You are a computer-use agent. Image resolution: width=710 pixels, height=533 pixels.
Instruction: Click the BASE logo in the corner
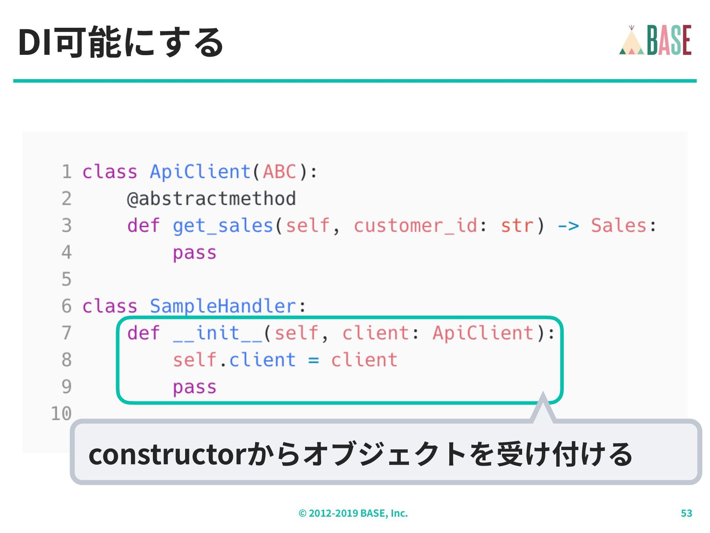tap(655, 40)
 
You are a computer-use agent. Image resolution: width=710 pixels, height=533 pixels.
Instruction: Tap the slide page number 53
tap(686, 513)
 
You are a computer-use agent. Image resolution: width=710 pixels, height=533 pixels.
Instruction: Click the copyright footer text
tap(353, 513)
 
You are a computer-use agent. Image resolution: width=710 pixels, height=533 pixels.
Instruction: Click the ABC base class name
tap(280, 172)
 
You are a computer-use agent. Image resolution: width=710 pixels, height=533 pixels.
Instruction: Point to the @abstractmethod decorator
tap(211, 199)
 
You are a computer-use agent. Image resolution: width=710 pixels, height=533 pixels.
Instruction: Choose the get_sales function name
tap(223, 226)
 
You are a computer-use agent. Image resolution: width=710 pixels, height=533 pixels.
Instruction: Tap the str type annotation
tap(517, 226)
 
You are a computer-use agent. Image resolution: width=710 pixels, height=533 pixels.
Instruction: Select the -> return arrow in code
tap(568, 226)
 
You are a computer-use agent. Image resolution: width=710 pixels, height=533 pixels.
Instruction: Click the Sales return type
tap(618, 226)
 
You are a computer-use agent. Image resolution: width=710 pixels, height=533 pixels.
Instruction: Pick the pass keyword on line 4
tap(195, 253)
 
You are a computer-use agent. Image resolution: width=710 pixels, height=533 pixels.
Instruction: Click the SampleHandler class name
tap(223, 306)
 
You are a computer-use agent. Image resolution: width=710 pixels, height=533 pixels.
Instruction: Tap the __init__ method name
tap(217, 333)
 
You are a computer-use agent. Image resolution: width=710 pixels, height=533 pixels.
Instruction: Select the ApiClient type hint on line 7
tap(483, 333)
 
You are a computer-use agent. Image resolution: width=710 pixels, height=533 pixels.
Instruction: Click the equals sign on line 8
tap(314, 360)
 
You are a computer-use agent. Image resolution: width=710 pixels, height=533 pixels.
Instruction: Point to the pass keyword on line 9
tap(195, 387)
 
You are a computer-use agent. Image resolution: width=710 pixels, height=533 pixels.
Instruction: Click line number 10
tap(61, 413)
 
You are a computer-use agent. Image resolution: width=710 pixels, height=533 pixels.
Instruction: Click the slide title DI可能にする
tap(121, 42)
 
